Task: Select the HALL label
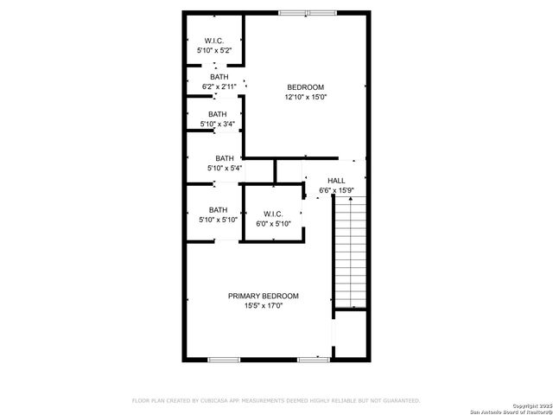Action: [336, 180]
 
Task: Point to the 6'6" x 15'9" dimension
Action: [336, 190]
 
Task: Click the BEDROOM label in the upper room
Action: [305, 87]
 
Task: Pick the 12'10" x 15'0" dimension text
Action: [305, 97]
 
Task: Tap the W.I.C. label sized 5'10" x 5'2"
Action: [213, 41]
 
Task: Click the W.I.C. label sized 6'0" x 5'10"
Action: [273, 214]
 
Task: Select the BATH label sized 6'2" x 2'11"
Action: [219, 77]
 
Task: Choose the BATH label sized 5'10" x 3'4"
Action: [217, 113]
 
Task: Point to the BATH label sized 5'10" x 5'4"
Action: [225, 157]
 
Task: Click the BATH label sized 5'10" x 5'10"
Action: [218, 209]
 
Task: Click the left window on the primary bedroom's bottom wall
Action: [223, 359]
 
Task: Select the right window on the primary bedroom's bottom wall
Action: [313, 359]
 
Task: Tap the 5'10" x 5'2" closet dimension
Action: [213, 51]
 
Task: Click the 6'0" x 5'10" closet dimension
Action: [273, 224]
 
